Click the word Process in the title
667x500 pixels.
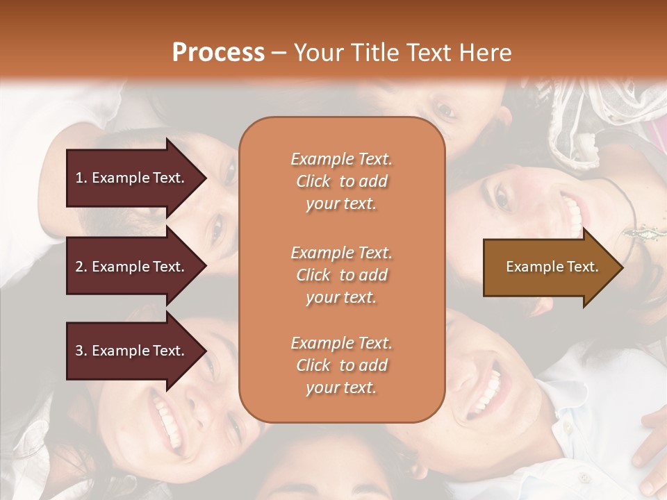218,53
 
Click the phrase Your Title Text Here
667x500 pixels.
403,53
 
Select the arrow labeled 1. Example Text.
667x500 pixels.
132,178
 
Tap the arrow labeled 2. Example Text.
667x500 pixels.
132,267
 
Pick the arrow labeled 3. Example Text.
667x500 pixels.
132,351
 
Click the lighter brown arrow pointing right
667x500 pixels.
549,267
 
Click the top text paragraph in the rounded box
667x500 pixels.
341,181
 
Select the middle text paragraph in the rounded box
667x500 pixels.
341,275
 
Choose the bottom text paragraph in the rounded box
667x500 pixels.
341,365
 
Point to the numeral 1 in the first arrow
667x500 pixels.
79,178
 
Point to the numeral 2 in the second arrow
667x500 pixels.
79,267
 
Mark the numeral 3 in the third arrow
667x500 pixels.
79,351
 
